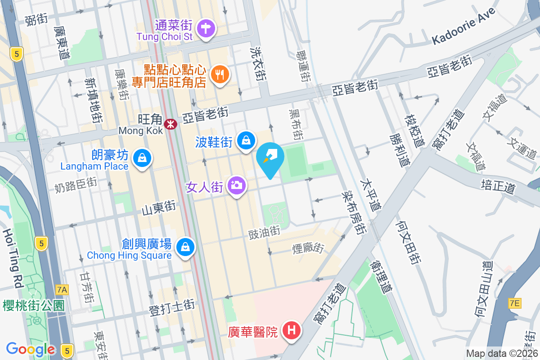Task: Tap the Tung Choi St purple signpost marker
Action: pos(207,28)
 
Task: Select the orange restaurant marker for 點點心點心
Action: pos(220,74)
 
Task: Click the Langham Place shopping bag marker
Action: pos(142,158)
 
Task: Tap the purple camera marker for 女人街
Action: pos(237,185)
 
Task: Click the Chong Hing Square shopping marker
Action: pos(185,247)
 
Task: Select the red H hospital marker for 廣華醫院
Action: pos(292,331)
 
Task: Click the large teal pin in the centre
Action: pos(270,159)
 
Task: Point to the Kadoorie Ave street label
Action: pos(463,27)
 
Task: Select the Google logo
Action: pos(31,349)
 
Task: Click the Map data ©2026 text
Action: pos(502,354)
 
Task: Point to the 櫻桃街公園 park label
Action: pos(33,306)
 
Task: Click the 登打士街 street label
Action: pos(171,307)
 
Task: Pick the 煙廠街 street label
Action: pos(308,248)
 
